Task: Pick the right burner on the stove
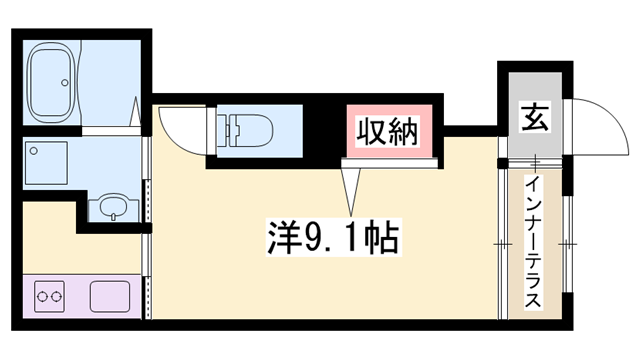[59, 295]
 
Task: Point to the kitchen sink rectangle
[109, 297]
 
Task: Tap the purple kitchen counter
[80, 297]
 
